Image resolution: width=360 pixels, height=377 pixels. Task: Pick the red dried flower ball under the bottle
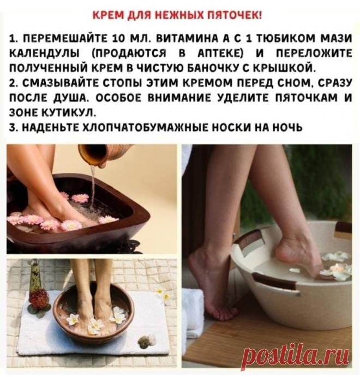coord(39,299)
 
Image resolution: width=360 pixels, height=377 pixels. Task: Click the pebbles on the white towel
coord(146,340)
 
